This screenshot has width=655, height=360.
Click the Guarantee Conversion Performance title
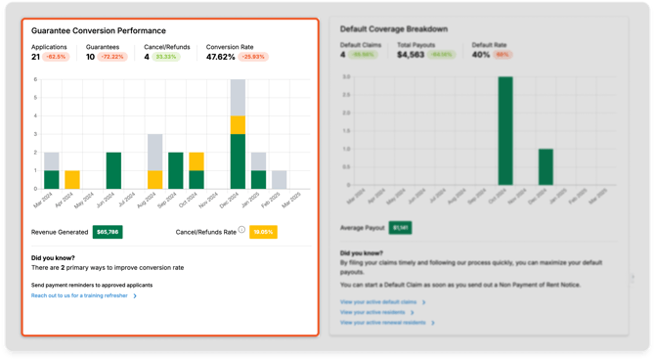click(x=99, y=31)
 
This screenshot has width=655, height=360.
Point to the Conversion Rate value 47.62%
click(x=226, y=58)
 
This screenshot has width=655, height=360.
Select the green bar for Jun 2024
click(x=113, y=170)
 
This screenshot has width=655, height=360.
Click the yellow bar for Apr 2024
click(x=72, y=180)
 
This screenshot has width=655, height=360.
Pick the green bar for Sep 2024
click(x=176, y=170)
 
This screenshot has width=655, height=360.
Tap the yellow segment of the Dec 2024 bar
click(x=238, y=124)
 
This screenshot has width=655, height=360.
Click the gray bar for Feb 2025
click(x=280, y=180)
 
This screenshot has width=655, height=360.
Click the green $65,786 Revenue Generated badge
click(x=108, y=232)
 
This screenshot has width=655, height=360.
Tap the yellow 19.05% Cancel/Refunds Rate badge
click(x=263, y=232)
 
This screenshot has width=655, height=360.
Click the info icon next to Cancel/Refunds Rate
click(x=241, y=231)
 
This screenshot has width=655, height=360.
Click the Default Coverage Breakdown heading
click(x=395, y=29)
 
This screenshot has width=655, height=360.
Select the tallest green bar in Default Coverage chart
click(x=505, y=131)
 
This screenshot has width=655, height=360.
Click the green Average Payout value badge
click(x=402, y=227)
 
